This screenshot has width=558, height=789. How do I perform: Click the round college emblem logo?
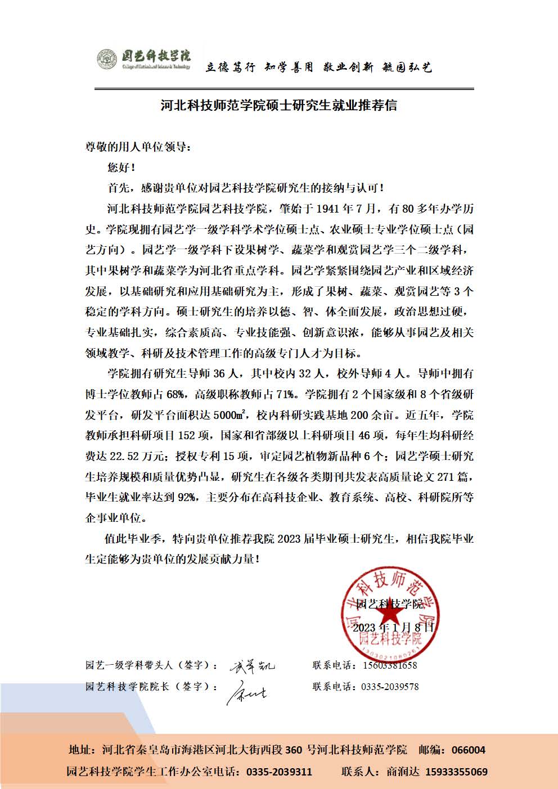tap(107, 59)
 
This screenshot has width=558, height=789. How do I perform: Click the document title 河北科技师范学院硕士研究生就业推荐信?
tap(278, 105)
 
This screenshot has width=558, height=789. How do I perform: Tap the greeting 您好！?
tap(121, 168)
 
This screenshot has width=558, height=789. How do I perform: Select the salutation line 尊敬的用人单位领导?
tap(138, 147)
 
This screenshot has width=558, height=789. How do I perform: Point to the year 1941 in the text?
tap(327, 209)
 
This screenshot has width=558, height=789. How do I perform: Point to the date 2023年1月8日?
tap(393, 628)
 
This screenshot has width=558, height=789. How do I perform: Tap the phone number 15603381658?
tap(389, 665)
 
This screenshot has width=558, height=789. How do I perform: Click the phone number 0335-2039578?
tap(389, 687)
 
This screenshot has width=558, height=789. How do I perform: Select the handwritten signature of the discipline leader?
tap(252, 666)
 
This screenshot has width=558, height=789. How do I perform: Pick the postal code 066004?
tap(469, 750)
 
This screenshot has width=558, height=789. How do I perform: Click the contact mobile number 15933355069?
tap(456, 772)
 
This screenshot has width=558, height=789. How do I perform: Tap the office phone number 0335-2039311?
tap(279, 772)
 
